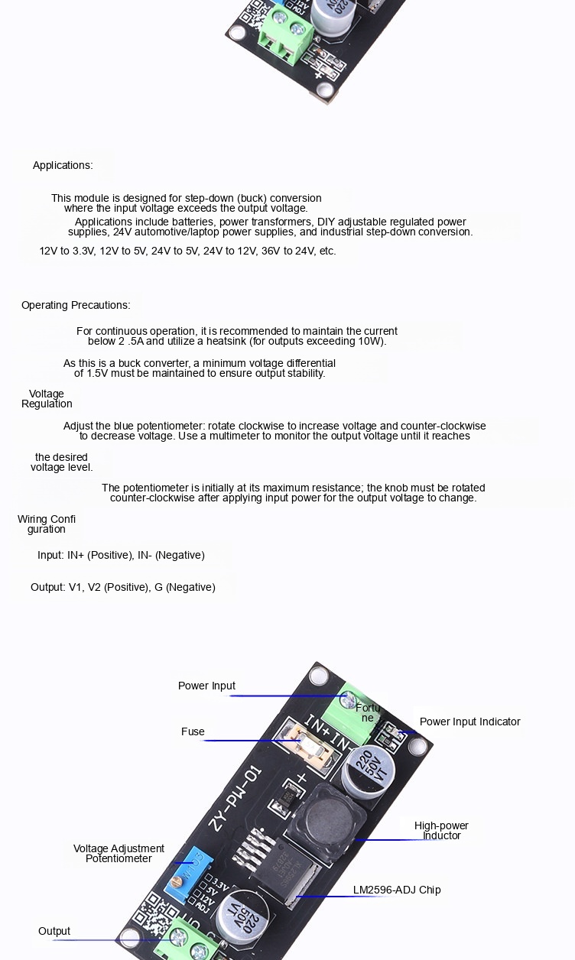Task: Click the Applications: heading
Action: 63,165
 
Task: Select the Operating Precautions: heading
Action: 76,305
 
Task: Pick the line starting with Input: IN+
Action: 121,555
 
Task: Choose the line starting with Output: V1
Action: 122,587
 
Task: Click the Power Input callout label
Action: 206,686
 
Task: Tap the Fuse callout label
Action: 193,731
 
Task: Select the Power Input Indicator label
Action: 470,722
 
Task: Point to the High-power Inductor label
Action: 441,831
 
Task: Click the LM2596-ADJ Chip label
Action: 397,890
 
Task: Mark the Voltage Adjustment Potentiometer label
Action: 119,854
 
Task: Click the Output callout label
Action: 54,931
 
